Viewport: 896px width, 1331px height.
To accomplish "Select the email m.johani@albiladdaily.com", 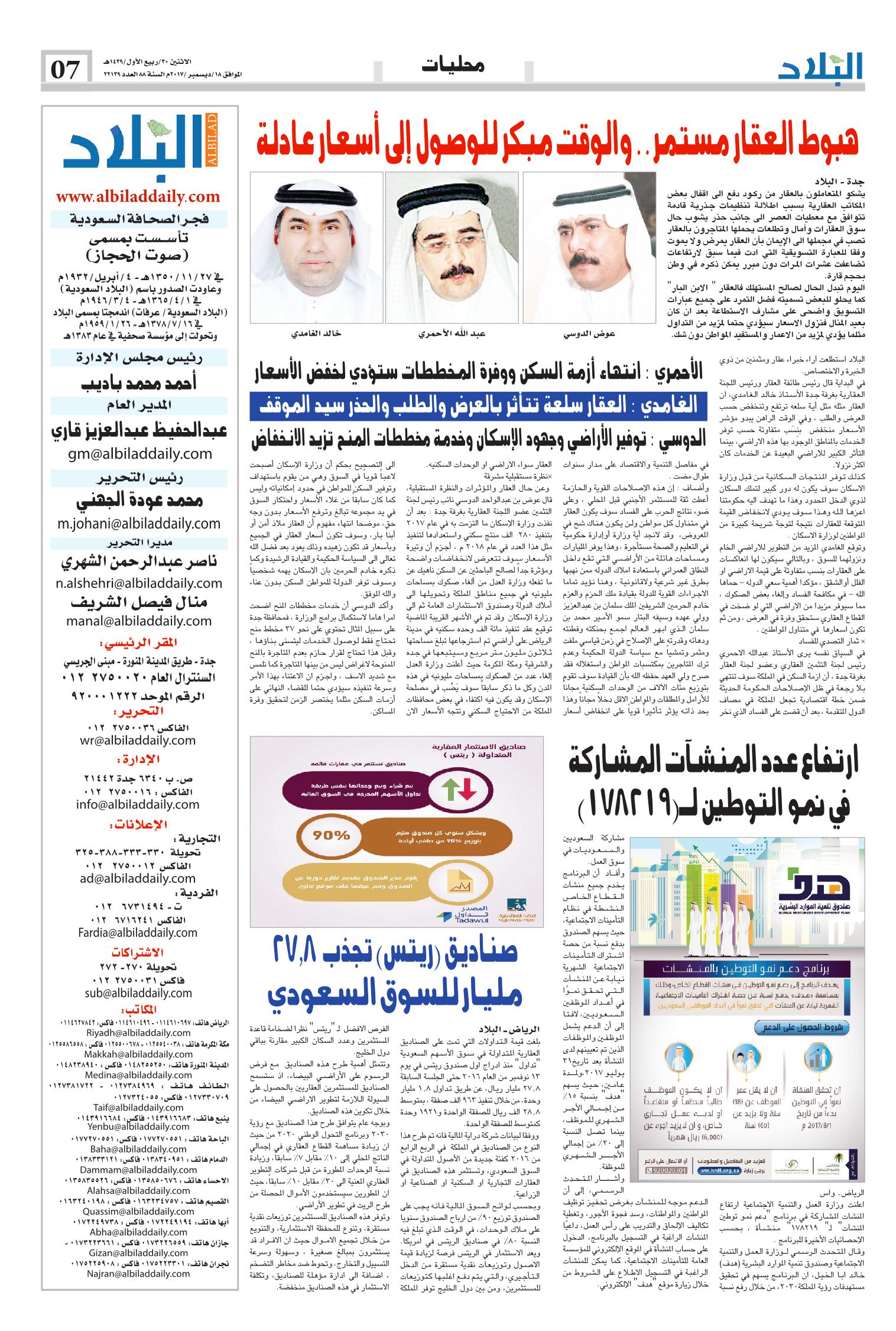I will pos(139,523).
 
